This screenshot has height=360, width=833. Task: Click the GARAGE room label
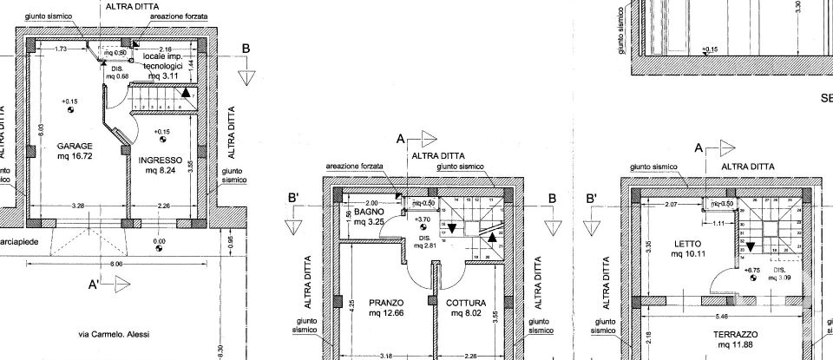point(75,146)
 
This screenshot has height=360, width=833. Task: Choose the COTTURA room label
point(466,303)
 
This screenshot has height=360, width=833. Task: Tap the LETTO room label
point(688,244)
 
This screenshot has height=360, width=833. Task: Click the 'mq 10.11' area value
point(688,255)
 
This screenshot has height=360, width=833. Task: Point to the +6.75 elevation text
point(751,270)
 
